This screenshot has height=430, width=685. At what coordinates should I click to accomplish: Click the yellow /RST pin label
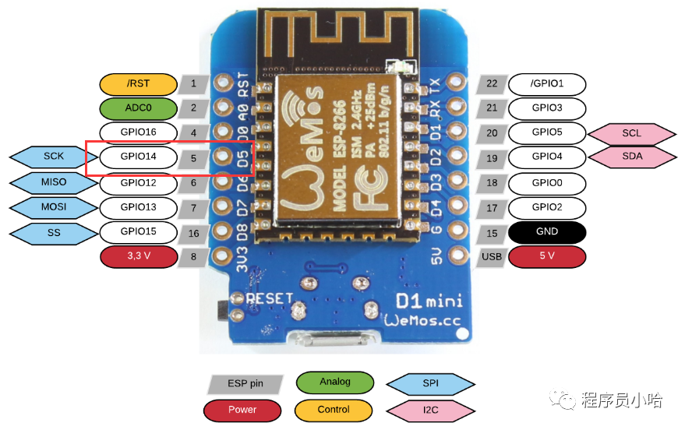point(139,84)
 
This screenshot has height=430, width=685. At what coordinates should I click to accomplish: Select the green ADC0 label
point(139,108)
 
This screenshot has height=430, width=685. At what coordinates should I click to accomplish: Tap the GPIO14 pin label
point(139,157)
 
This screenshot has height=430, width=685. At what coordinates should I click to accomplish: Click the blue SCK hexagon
point(54,157)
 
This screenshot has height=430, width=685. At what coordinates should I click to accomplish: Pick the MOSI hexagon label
point(54,207)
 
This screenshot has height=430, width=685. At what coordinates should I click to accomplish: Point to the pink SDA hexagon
point(632,157)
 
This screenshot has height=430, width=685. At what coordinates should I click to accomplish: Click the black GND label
point(547,232)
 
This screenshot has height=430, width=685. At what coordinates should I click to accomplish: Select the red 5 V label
point(547,256)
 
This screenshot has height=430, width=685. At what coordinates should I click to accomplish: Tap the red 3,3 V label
point(139,256)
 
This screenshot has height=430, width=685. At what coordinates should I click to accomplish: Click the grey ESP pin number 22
point(492,84)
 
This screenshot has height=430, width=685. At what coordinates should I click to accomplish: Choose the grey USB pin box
point(492,257)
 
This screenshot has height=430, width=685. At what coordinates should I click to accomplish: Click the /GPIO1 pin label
point(547,84)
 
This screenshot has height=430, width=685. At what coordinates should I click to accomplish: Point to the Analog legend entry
point(335,382)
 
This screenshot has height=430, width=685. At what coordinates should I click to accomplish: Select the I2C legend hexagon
point(431,411)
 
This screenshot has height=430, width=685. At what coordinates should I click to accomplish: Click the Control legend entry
point(334,410)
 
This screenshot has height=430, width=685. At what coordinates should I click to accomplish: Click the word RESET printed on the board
point(270,298)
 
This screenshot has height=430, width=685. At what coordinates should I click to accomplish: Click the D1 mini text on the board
point(429,301)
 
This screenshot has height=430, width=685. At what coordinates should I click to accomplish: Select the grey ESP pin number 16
point(193,234)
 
